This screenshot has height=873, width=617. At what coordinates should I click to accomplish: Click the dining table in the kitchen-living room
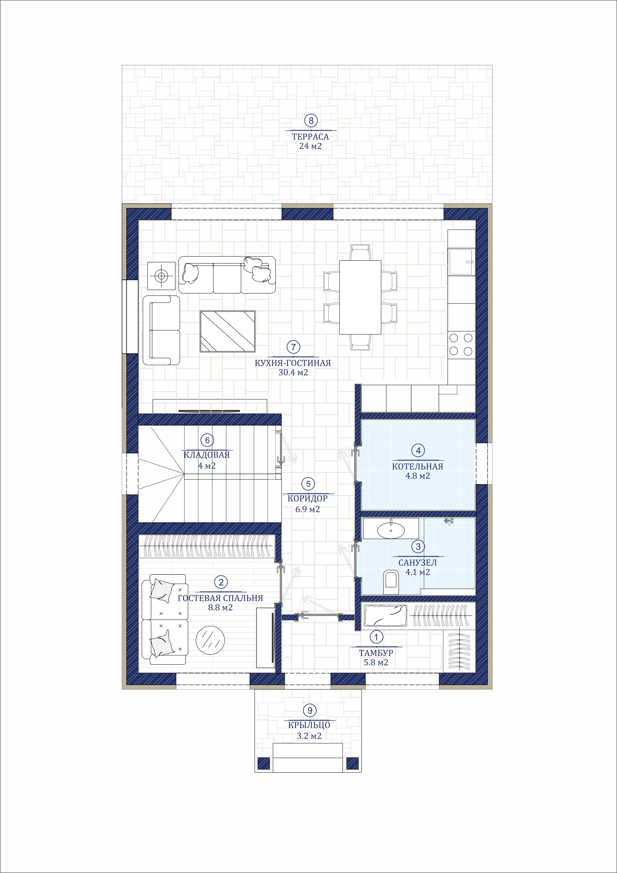pyautogui.click(x=360, y=297)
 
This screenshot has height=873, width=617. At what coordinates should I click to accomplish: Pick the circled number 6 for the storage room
pyautogui.click(x=207, y=440)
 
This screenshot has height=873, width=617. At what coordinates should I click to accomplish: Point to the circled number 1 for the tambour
pyautogui.click(x=376, y=636)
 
